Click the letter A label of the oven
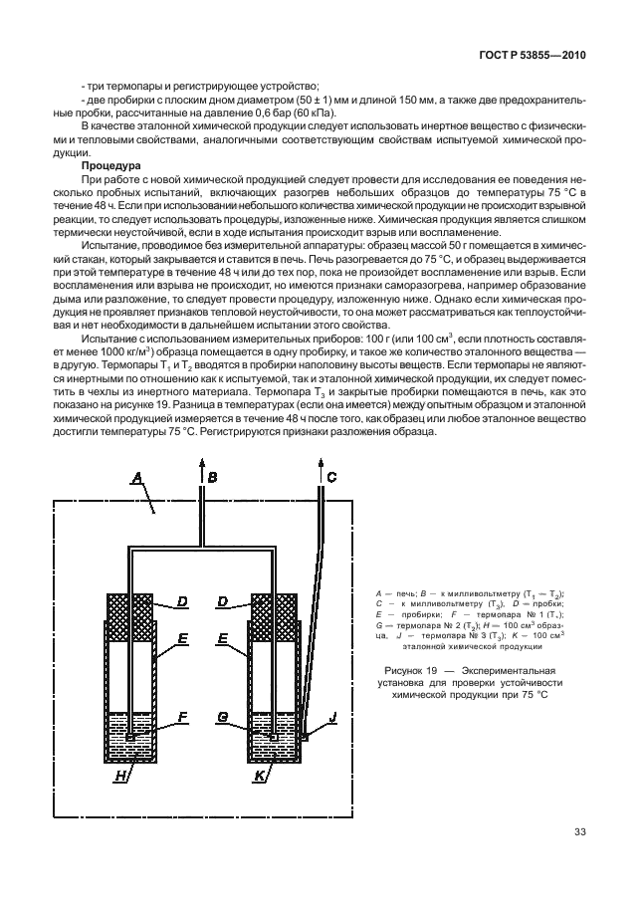(x=137, y=479)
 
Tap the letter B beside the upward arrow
(x=212, y=478)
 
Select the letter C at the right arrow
(x=331, y=478)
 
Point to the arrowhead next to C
(x=321, y=467)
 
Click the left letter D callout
(x=183, y=602)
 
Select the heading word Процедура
(x=110, y=166)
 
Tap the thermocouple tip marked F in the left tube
(x=130, y=736)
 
